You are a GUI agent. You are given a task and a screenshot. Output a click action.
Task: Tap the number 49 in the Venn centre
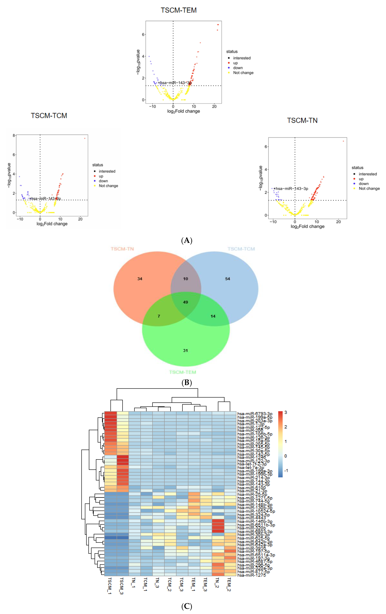click(186, 302)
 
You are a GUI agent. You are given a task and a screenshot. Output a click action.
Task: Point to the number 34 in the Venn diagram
click(140, 279)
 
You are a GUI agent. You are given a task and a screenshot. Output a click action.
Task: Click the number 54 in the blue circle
click(228, 279)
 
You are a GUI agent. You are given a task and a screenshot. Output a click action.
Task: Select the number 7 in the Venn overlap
click(159, 316)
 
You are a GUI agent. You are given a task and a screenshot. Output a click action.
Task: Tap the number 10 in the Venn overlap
click(186, 279)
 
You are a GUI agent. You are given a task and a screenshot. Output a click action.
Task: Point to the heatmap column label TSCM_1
click(110, 586)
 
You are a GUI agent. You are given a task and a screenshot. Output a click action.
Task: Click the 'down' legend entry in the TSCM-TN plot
click(364, 184)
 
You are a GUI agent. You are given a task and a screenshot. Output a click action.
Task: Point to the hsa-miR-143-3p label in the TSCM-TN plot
click(292, 189)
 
